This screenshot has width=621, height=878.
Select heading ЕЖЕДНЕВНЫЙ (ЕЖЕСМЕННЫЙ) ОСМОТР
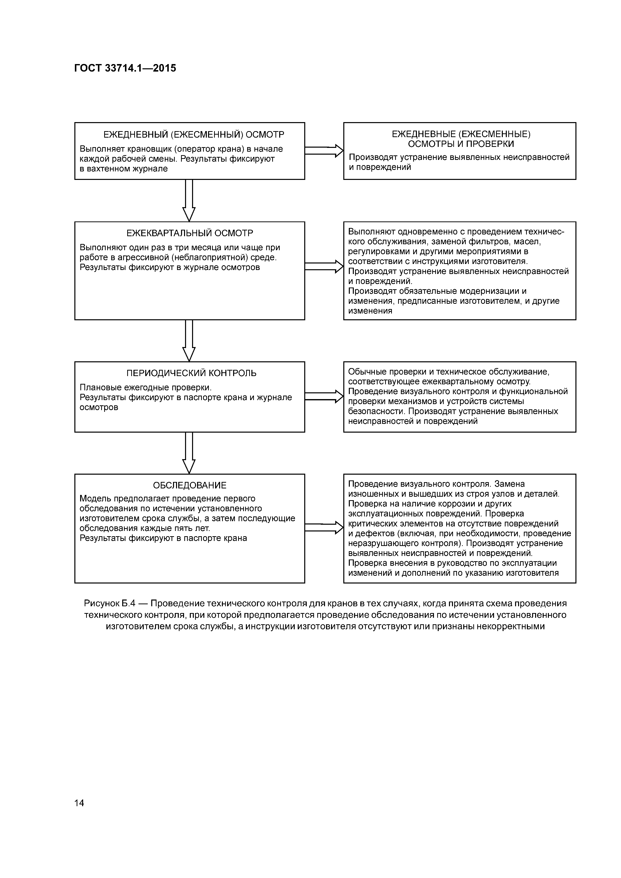tap(194, 135)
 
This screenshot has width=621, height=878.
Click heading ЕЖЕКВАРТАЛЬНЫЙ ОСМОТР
tap(190, 233)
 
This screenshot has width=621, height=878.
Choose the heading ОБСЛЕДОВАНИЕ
tap(190, 485)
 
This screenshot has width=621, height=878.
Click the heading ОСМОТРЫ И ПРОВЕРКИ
tap(461, 144)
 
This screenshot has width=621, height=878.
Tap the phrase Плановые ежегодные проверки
tap(145, 387)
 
